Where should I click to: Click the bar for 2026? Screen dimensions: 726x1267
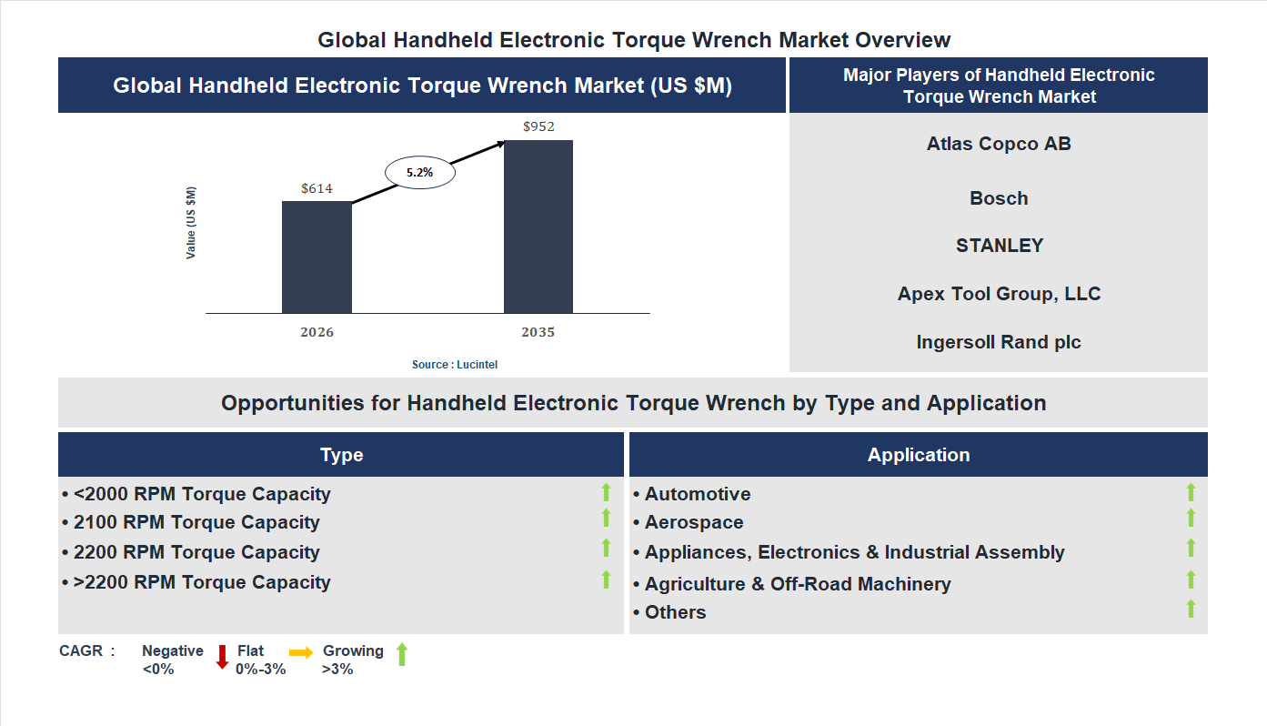click(x=317, y=257)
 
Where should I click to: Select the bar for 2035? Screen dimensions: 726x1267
click(x=538, y=227)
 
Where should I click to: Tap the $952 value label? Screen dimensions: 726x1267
click(x=538, y=126)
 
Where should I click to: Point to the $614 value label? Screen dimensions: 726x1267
click(x=317, y=188)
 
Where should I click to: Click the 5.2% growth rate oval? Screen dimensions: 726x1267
click(x=419, y=171)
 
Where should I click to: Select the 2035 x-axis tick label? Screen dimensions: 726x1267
click(x=538, y=332)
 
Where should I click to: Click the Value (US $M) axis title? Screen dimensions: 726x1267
click(x=191, y=223)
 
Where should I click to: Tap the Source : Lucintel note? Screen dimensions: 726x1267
click(x=455, y=364)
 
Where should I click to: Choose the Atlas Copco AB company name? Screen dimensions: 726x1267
click(x=999, y=144)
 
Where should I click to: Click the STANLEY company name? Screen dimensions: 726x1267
click(x=999, y=246)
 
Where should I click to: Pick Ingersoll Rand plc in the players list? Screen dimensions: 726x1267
click(x=999, y=342)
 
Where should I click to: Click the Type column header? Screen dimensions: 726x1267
click(x=341, y=455)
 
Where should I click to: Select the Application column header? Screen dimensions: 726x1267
click(x=919, y=455)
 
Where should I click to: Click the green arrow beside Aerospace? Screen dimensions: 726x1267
click(x=1191, y=519)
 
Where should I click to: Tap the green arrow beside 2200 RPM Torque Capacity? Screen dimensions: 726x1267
click(x=606, y=548)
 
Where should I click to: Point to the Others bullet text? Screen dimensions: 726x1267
click(x=675, y=612)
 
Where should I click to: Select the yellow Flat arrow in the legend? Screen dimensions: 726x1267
click(x=301, y=652)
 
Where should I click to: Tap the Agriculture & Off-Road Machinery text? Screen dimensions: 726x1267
click(x=798, y=584)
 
